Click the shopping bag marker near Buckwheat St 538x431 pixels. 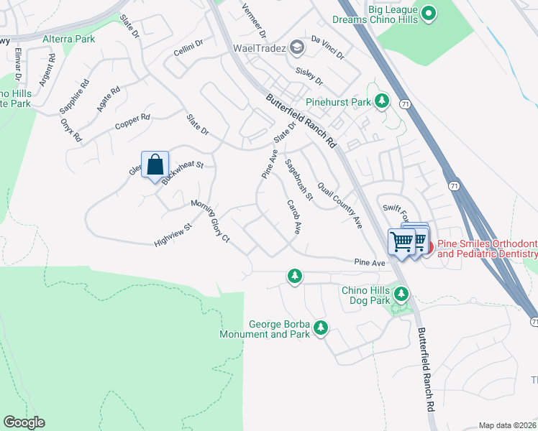click(155, 165)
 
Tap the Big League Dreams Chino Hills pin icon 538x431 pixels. click(429, 13)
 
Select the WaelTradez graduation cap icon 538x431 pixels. click(296, 48)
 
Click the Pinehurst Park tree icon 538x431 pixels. click(383, 102)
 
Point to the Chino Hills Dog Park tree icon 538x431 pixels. click(401, 294)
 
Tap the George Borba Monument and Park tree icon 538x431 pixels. click(320, 329)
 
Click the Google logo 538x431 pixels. click(24, 422)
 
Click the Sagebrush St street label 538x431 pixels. click(299, 180)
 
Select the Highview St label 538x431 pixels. click(173, 236)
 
